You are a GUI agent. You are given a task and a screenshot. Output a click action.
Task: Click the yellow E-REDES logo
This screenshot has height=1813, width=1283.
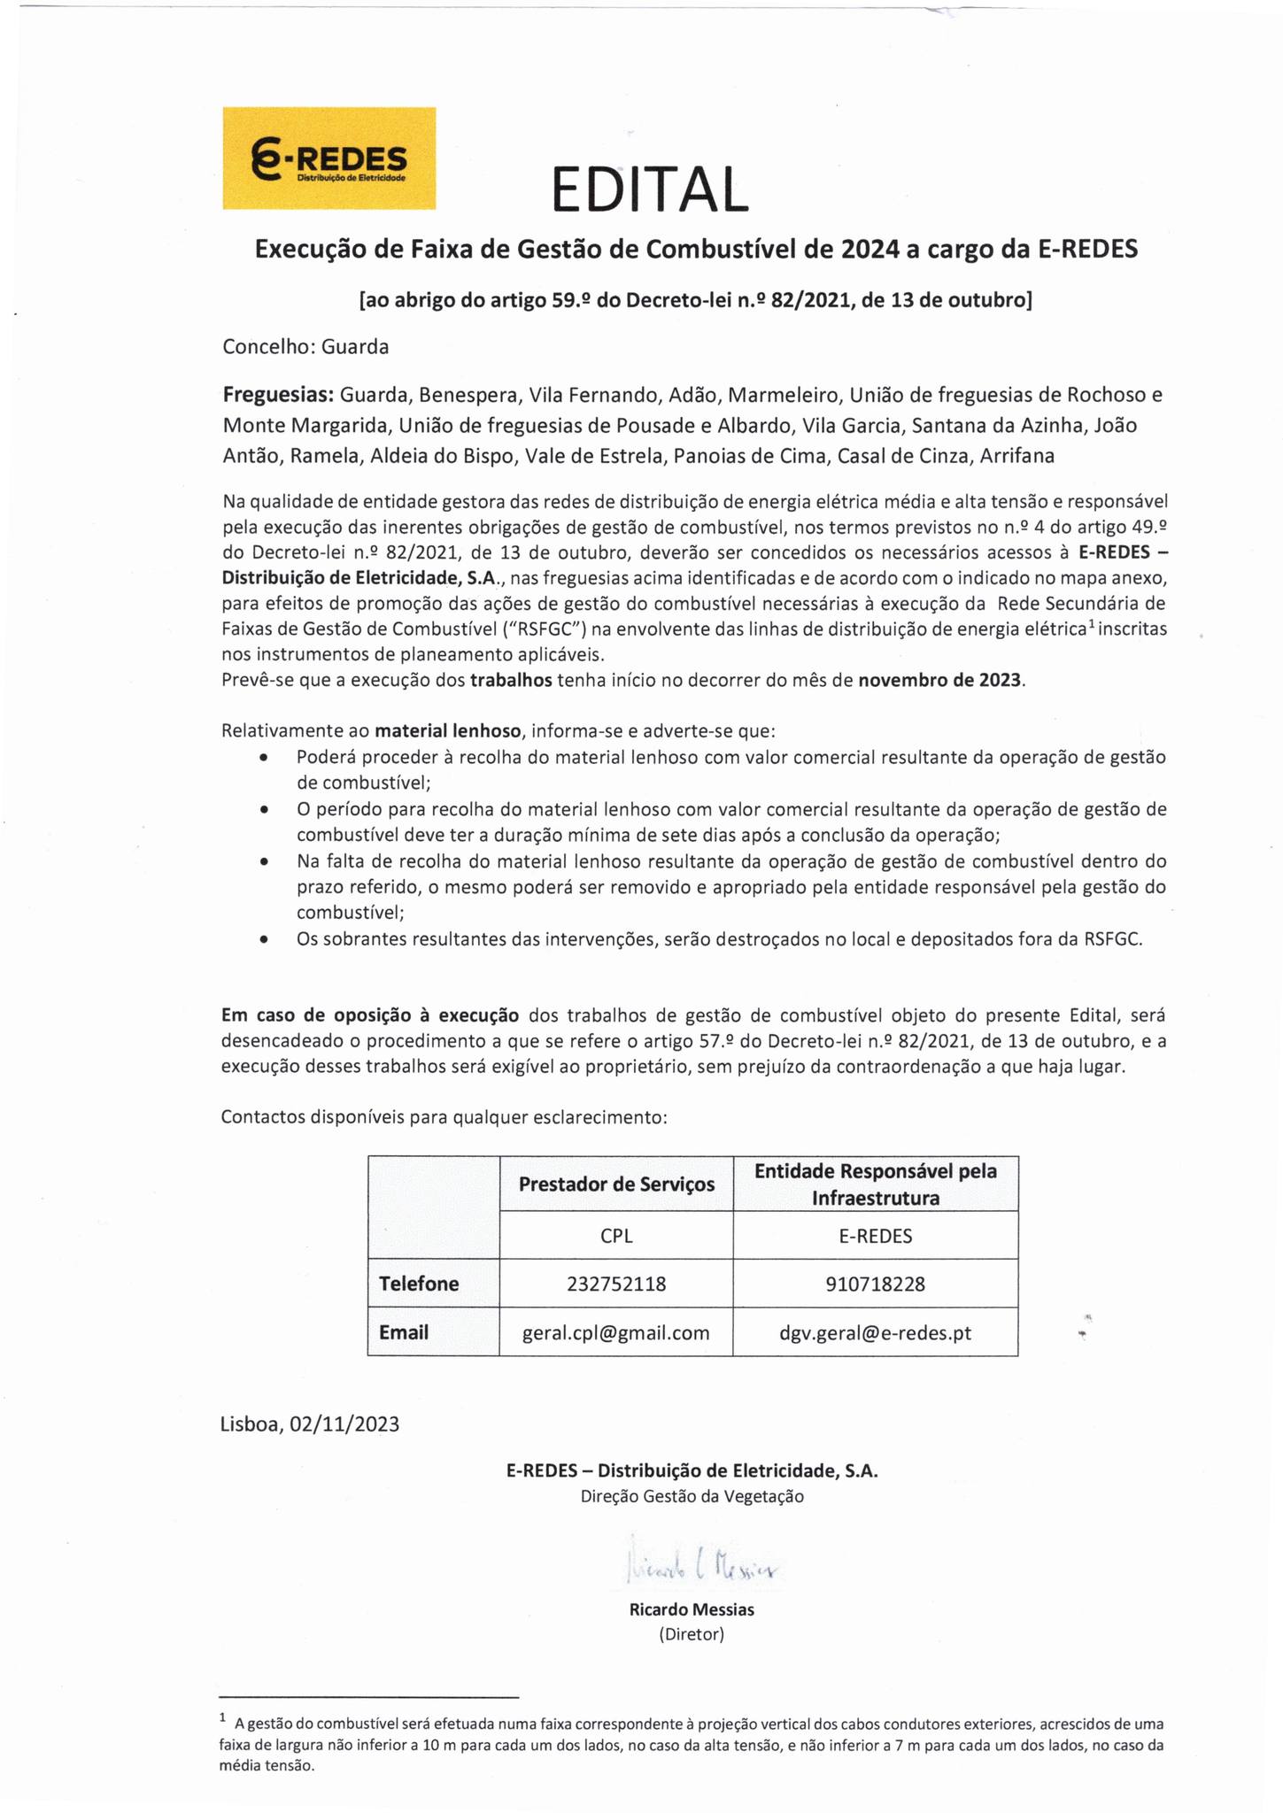(328, 158)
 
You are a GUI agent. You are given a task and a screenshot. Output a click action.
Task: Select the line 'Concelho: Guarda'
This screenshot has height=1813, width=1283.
(305, 347)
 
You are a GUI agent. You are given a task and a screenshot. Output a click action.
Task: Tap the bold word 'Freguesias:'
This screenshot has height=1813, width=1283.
(278, 394)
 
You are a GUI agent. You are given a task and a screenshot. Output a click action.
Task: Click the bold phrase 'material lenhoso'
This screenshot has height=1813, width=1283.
(448, 731)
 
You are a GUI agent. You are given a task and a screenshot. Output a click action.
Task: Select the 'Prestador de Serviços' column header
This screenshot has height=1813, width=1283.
(616, 1184)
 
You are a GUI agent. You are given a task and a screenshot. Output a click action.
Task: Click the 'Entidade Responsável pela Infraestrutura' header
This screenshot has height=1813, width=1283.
(875, 1184)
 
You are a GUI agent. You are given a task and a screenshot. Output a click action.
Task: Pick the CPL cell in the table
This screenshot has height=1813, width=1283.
(616, 1236)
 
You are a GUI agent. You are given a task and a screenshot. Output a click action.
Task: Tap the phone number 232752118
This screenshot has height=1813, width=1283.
(616, 1284)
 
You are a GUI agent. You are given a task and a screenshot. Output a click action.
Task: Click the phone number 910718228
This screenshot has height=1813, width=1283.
(875, 1284)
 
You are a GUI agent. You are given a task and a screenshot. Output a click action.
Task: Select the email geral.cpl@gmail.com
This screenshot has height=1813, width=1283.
(616, 1332)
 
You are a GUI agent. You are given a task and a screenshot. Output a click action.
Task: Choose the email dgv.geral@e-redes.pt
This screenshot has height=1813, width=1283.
(875, 1332)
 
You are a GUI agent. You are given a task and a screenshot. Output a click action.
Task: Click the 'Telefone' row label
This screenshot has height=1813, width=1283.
(419, 1284)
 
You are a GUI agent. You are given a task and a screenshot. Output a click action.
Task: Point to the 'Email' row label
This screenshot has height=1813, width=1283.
(404, 1332)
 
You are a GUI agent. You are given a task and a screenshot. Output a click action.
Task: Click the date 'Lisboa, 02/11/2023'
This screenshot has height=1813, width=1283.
(310, 1424)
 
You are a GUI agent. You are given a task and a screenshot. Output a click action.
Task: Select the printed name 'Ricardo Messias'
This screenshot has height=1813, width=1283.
(692, 1609)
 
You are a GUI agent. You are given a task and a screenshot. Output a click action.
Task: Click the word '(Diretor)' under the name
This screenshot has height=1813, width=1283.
(692, 1634)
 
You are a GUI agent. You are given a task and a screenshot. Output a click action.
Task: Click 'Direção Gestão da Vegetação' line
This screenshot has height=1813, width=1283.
(692, 1496)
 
